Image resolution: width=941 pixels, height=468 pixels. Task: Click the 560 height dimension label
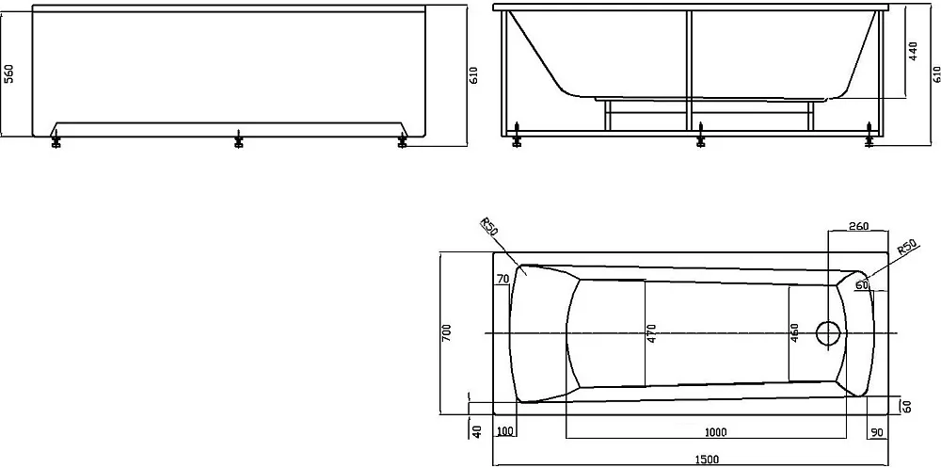point(9,73)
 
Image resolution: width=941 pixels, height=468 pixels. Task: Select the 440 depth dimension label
point(913,52)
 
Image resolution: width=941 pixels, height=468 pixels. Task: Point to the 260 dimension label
point(859,226)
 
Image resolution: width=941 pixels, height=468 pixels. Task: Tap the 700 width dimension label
point(446,332)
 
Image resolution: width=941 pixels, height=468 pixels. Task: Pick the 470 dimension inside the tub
point(652,334)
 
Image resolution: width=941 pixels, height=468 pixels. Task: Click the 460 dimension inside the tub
point(794,333)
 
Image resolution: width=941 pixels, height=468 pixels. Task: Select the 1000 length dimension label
point(715,432)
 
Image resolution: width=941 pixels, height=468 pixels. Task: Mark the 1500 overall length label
point(707,460)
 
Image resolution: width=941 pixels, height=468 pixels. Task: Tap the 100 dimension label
point(506,432)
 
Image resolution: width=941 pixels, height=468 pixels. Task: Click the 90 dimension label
point(876,432)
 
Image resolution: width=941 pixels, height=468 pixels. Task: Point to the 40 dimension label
point(478,432)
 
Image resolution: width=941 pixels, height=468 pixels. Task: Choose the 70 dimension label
point(502,278)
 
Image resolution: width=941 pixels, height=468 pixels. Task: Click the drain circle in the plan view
point(829,333)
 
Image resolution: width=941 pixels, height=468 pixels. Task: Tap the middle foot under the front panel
point(239,139)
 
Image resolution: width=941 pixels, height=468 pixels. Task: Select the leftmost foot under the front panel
point(56,139)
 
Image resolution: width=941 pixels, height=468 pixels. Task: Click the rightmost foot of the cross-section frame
point(869,136)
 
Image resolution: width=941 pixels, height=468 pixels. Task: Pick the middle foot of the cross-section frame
point(700,136)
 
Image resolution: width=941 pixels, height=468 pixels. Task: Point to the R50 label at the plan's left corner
point(489,230)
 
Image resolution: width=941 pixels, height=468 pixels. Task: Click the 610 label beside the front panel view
point(474,75)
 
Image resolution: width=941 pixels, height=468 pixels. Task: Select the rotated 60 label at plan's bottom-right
point(907,406)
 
